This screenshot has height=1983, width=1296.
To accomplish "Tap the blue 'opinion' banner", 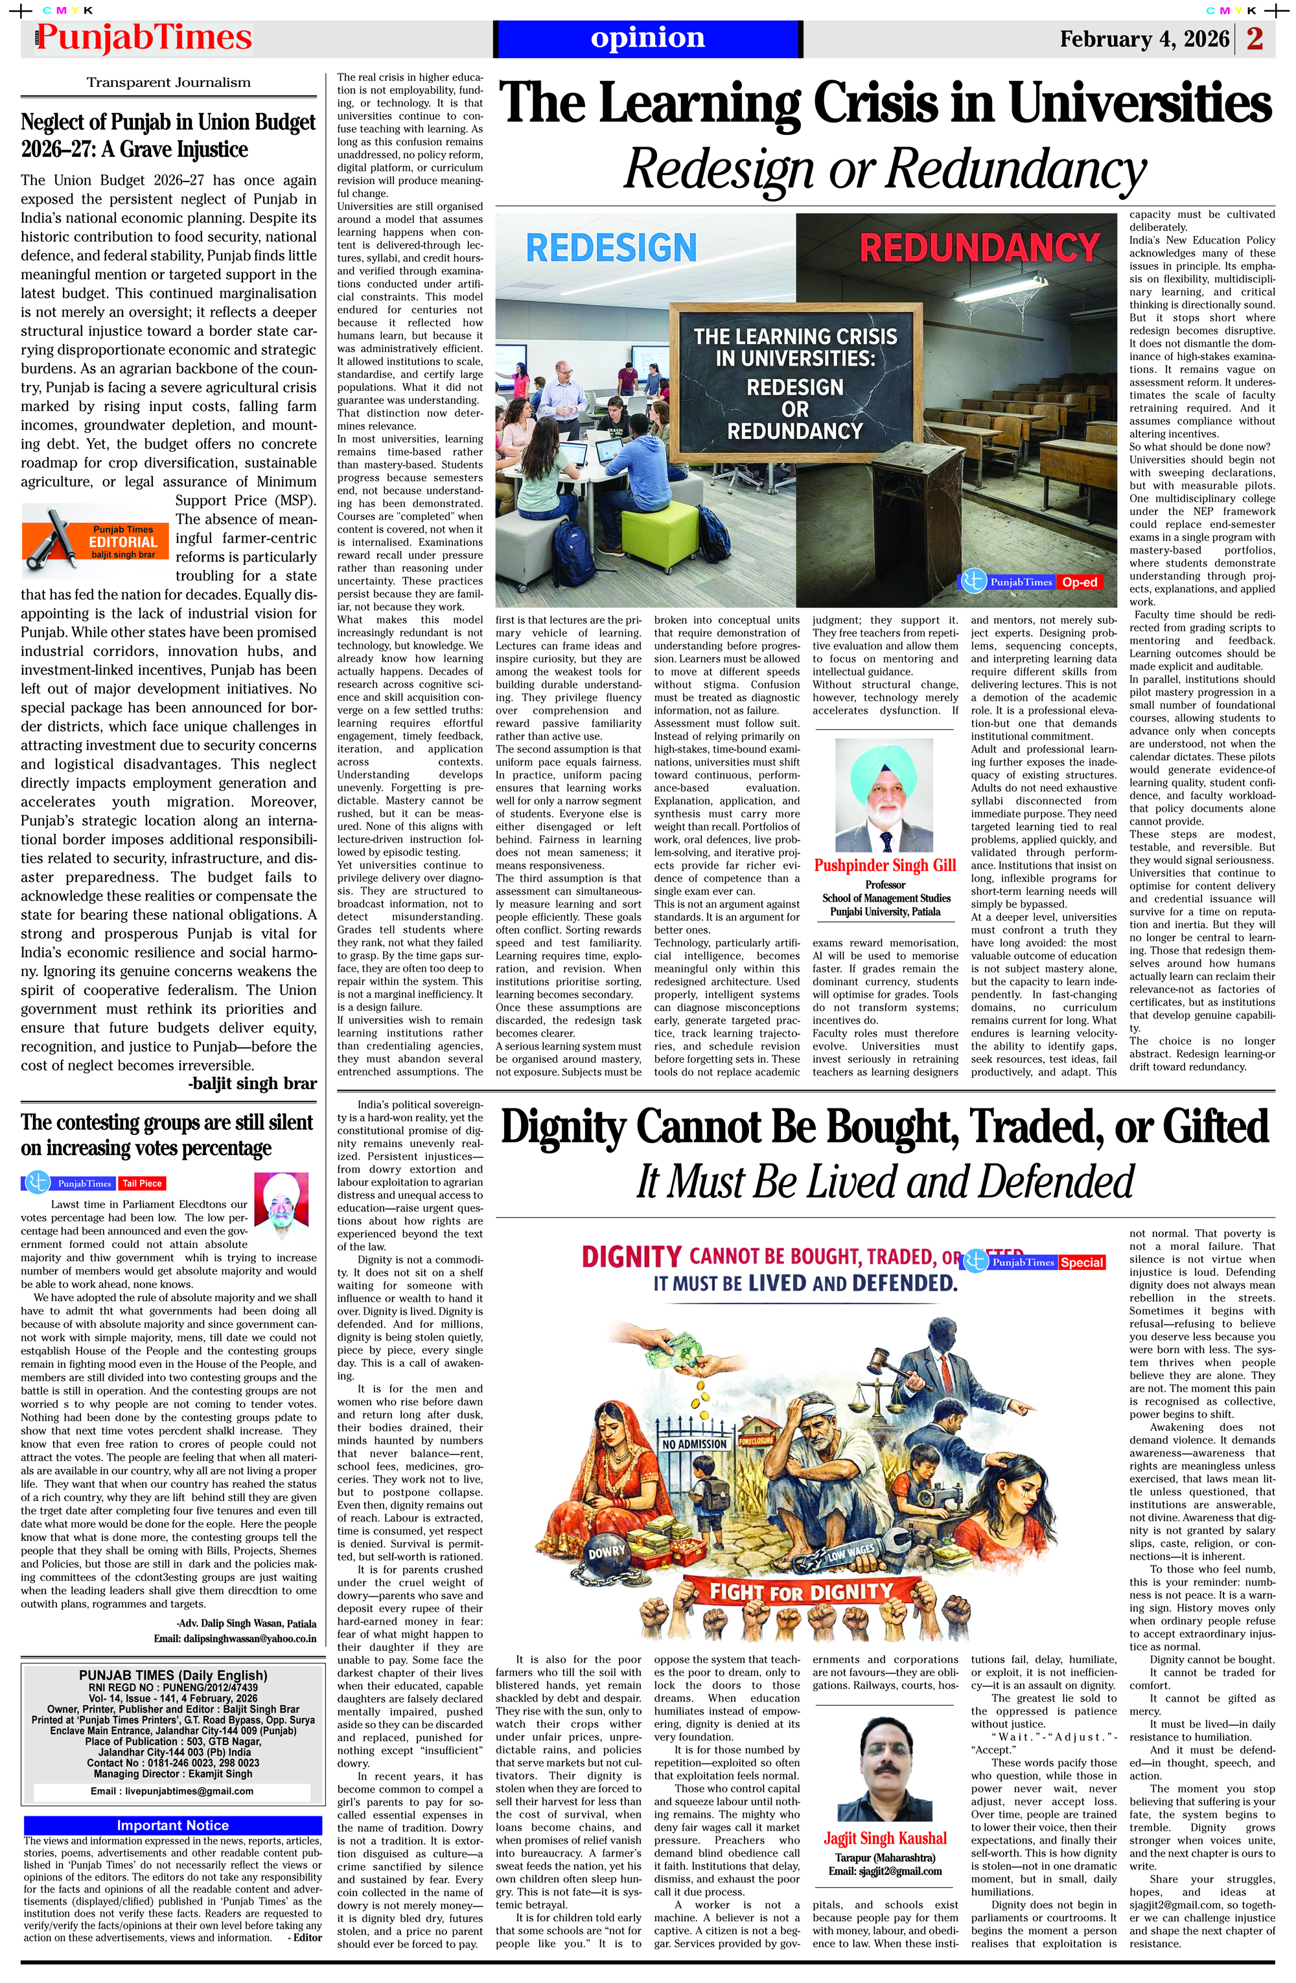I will pos(647,38).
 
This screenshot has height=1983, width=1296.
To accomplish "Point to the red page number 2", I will pos(1255,39).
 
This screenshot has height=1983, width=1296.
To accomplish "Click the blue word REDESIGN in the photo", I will pos(610,248).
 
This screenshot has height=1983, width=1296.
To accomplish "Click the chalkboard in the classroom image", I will pos(796,383).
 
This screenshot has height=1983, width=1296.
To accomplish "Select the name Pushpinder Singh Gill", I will pos(885,865).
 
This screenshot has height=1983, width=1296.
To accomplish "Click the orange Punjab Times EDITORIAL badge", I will pos(90,541).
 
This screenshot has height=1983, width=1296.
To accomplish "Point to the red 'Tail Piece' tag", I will pos(143,1183).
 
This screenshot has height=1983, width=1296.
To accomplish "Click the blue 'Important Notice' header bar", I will pos(172,1825).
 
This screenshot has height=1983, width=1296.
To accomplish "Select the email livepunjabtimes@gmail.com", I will pos(172,1790).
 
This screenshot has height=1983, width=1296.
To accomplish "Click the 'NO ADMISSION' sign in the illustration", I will pos(695,1444).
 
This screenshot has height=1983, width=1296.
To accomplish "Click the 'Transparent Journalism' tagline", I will pos(168,82).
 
